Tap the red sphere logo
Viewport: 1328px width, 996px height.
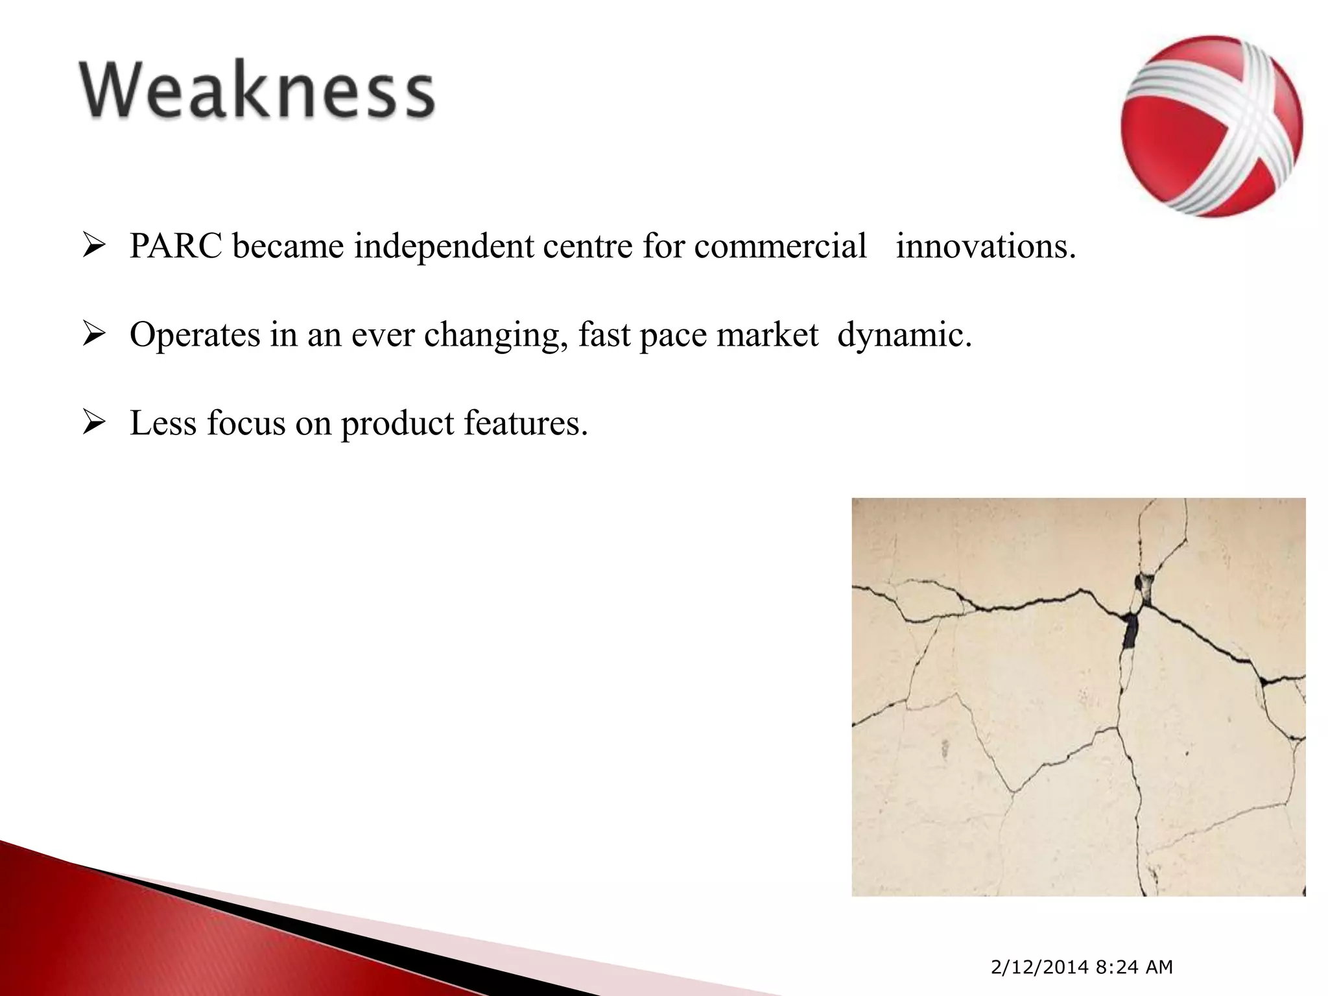click(1211, 126)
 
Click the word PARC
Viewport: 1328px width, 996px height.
click(176, 246)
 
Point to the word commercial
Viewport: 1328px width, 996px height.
click(780, 246)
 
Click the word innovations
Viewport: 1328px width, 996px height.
click(986, 246)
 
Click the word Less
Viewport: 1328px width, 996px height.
click(162, 423)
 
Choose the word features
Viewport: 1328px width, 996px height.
click(526, 423)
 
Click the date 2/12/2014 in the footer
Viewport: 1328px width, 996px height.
click(1039, 967)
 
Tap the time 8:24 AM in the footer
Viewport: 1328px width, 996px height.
click(1134, 967)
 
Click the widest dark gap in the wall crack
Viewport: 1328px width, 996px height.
click(1130, 629)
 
